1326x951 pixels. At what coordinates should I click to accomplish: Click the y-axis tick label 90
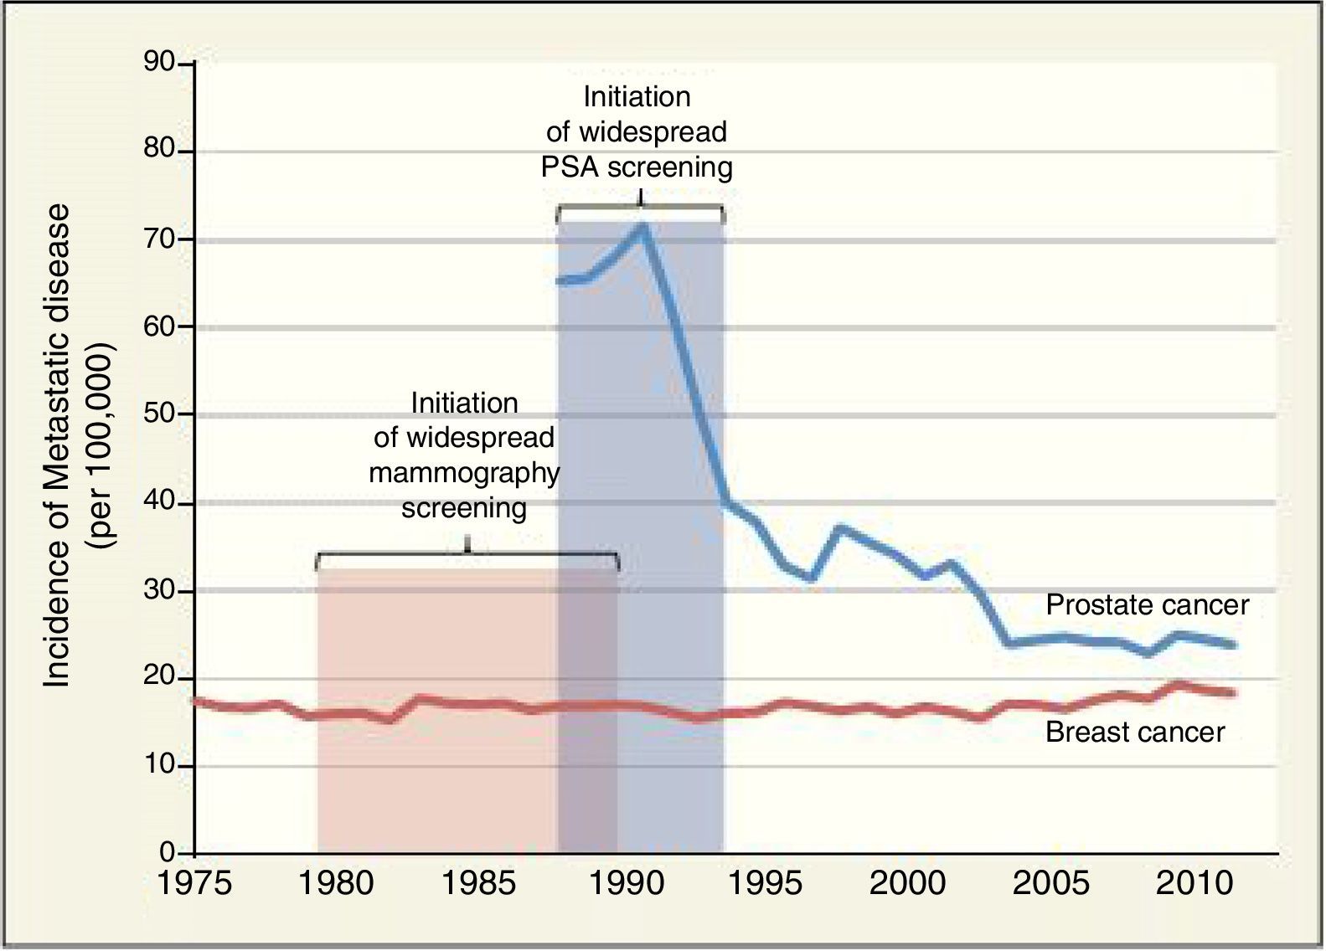tap(159, 63)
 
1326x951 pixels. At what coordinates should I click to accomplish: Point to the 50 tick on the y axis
tap(159, 414)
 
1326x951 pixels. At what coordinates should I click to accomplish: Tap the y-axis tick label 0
tap(167, 852)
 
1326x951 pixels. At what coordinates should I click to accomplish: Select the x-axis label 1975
tap(194, 883)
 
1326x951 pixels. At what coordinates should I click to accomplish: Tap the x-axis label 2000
tap(907, 883)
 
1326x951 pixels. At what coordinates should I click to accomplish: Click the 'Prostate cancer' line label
tap(1147, 604)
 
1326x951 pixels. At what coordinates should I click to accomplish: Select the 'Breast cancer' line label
tap(1135, 733)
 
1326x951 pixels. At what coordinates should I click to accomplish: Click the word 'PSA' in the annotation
tap(570, 167)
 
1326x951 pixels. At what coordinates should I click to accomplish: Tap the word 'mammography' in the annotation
tap(464, 473)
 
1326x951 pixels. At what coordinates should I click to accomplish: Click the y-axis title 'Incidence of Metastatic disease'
tap(57, 447)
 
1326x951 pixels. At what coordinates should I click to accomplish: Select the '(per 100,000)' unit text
tap(106, 447)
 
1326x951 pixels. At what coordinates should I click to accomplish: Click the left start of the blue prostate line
tap(560, 281)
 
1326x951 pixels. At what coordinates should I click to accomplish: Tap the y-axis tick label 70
tap(159, 239)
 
